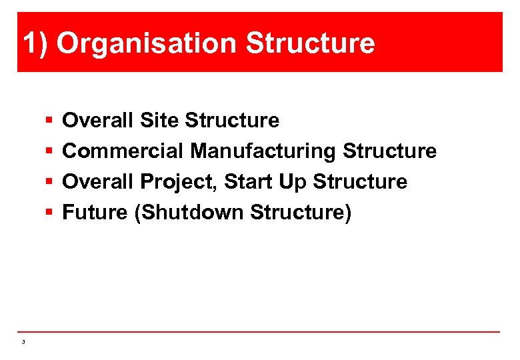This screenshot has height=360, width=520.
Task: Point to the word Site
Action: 160,121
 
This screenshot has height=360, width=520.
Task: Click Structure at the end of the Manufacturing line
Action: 389,151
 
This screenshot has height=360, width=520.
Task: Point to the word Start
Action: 249,182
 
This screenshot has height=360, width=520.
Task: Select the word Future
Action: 95,213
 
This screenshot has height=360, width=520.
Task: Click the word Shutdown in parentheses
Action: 189,213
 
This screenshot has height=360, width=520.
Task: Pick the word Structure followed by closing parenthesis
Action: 300,213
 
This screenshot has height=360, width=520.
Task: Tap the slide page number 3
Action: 23,342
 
